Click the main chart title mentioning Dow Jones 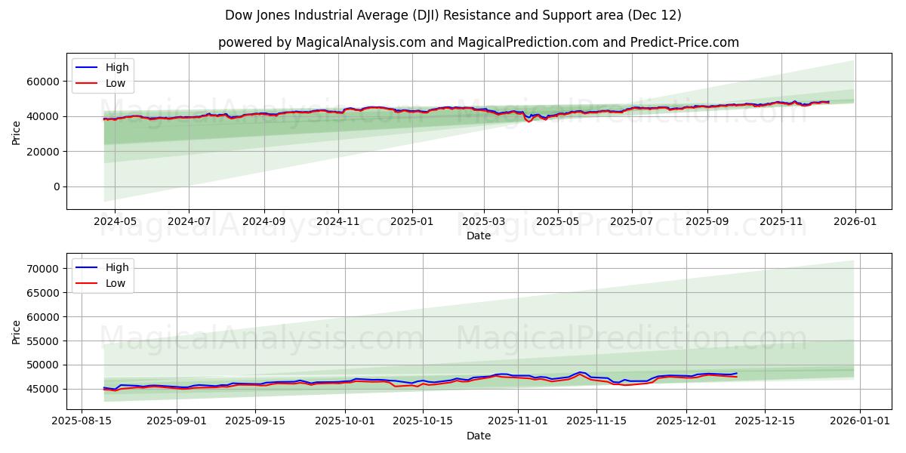click(x=453, y=15)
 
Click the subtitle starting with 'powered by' click(x=479, y=42)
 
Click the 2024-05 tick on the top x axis click(x=115, y=220)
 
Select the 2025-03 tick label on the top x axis click(x=484, y=220)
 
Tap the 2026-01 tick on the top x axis click(x=855, y=220)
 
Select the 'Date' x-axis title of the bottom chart click(x=479, y=436)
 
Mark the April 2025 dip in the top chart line click(x=529, y=121)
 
